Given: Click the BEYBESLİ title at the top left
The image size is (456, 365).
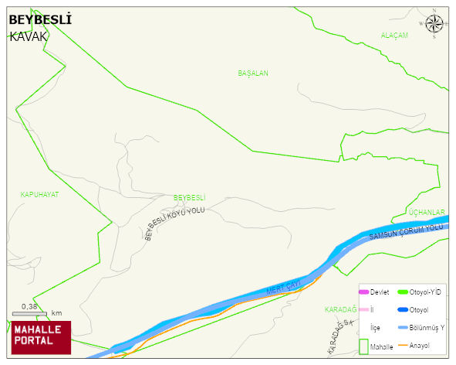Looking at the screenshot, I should [40, 20].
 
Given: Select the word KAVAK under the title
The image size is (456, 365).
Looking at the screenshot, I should [29, 36].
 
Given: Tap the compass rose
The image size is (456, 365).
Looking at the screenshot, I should [434, 25].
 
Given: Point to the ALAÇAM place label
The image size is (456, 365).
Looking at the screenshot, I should [394, 36].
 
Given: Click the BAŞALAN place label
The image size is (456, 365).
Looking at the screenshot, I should [253, 73].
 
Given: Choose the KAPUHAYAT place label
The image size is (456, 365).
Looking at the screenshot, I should [39, 195].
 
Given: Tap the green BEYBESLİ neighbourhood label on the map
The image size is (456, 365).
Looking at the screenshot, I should [189, 198].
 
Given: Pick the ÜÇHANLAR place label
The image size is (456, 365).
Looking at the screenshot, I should [427, 213].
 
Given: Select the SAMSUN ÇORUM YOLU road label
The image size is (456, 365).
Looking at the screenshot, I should [407, 231].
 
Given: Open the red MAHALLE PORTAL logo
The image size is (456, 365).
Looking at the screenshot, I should [41, 337].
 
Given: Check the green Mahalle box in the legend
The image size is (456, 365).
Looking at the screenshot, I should [364, 347].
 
